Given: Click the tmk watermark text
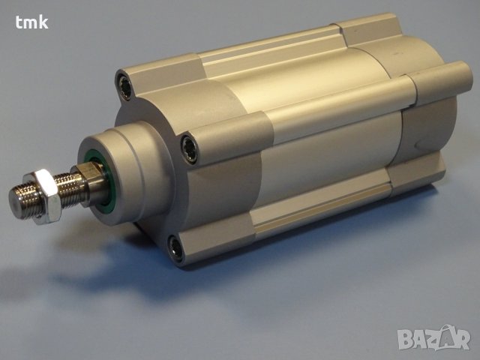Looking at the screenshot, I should point(31,22).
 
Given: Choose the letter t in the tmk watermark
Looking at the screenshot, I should point(19,22).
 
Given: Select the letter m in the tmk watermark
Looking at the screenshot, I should point(31,22).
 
